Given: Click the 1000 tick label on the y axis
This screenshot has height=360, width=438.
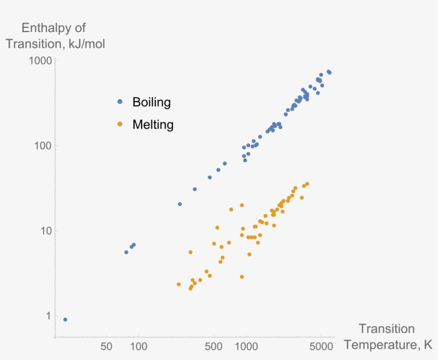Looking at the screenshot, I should [x=41, y=61].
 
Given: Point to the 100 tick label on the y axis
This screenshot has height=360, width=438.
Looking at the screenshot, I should [x=43, y=146].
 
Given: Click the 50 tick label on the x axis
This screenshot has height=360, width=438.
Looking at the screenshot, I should [x=106, y=346].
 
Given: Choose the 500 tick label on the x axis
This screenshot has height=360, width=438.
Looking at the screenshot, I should [x=214, y=346].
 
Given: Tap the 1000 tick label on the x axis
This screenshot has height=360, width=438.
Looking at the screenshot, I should [x=247, y=346].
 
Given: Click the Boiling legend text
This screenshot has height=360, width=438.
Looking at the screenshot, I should [x=151, y=101].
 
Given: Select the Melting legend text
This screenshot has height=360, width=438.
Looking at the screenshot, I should [x=153, y=125].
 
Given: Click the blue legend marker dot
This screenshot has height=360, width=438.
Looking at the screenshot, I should [x=120, y=101].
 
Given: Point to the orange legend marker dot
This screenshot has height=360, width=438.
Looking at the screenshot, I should [x=120, y=124].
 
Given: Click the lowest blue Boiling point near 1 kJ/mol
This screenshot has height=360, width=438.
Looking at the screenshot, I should [x=65, y=319].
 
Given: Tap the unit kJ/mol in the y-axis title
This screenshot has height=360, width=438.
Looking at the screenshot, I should [x=84, y=44].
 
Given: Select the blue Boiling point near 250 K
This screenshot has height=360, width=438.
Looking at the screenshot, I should [x=179, y=204].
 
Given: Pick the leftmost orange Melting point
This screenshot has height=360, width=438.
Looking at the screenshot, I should [x=179, y=284].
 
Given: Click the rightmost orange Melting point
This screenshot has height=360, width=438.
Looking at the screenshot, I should [x=307, y=184].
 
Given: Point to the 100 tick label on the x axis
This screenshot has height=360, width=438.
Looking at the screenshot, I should [x=139, y=346].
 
